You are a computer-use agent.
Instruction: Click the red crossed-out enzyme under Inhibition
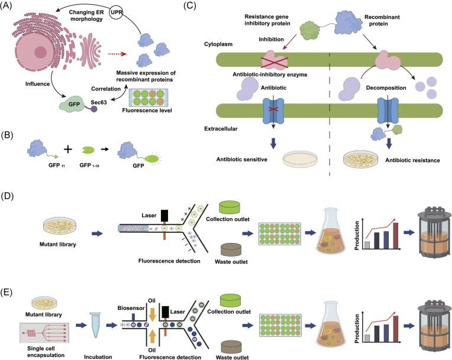pyautogui.click(x=252, y=60)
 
